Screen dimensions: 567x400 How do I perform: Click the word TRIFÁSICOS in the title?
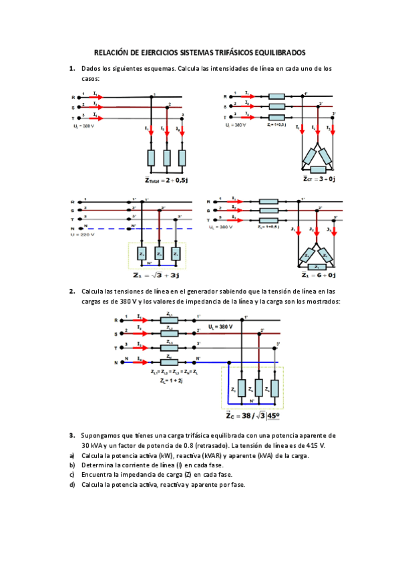click(x=224, y=52)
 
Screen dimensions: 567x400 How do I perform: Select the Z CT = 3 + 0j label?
click(x=319, y=179)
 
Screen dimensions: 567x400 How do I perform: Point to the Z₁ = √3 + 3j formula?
click(x=158, y=275)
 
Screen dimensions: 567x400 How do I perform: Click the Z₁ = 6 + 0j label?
click(x=319, y=275)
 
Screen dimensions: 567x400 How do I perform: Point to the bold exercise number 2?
click(x=71, y=291)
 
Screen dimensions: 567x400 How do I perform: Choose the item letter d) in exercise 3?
click(x=71, y=485)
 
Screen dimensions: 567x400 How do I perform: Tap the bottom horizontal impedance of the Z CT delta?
click(x=318, y=170)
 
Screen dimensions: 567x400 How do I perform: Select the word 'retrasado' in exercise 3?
click(x=214, y=445)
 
